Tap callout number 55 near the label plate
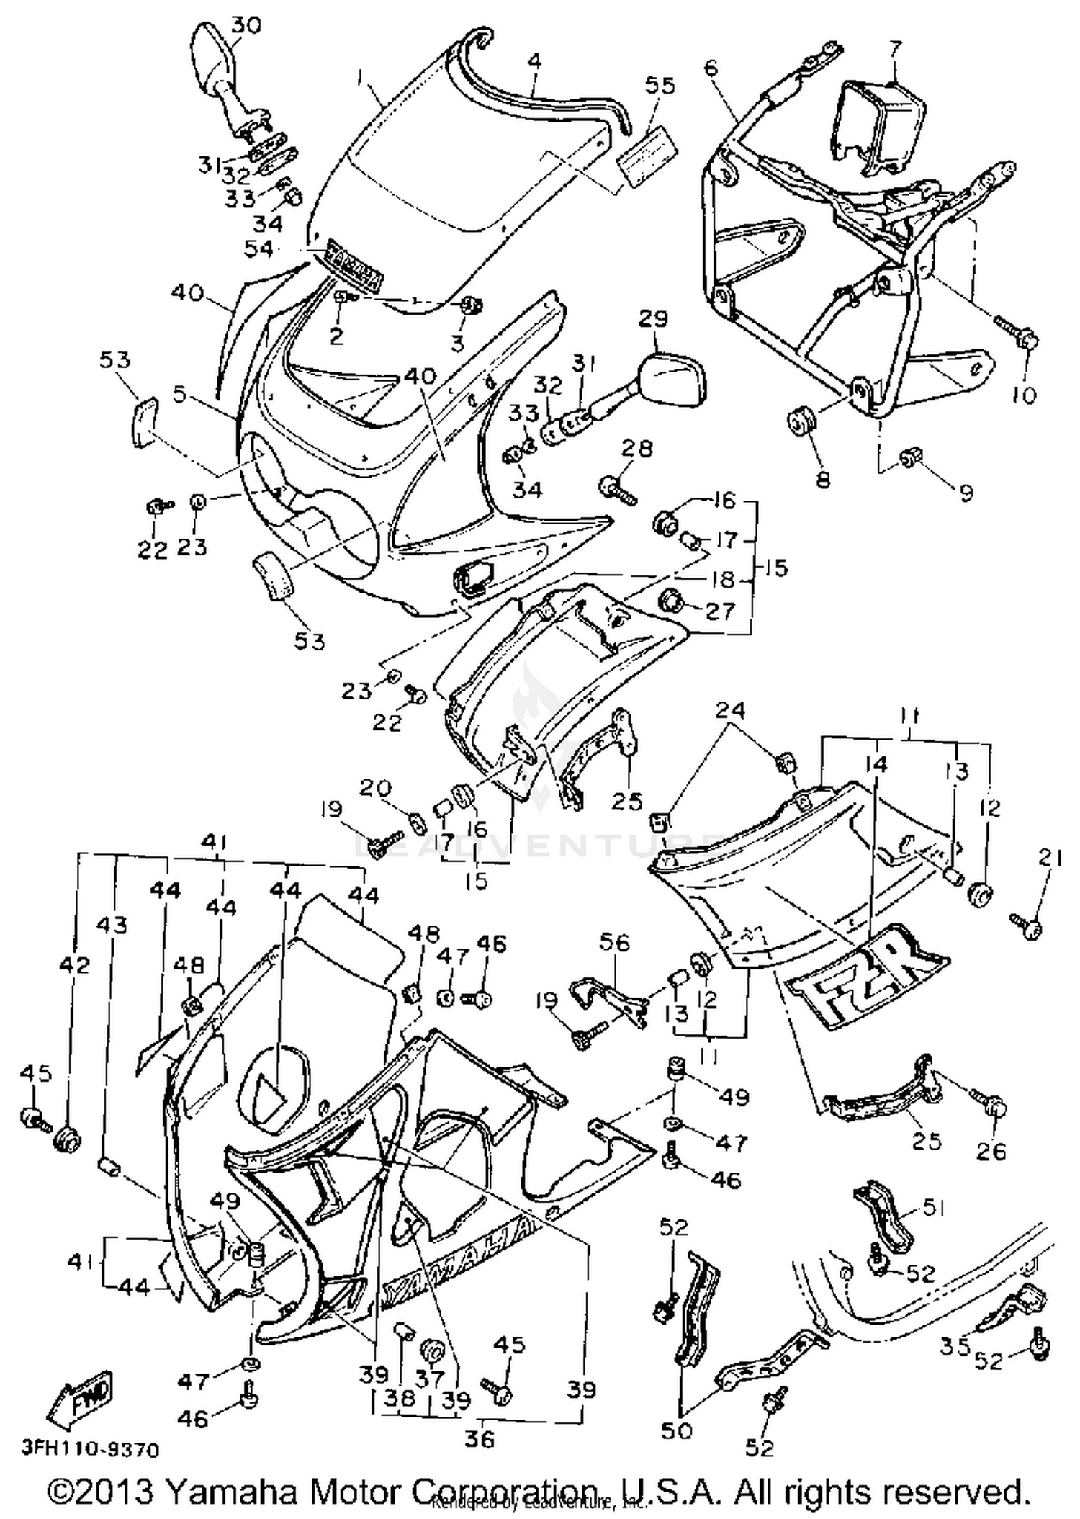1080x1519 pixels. (x=660, y=86)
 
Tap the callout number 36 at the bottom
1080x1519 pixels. (x=480, y=1439)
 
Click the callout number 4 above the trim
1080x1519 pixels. (x=534, y=61)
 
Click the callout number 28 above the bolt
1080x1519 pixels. (x=637, y=448)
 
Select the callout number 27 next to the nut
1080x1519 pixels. (x=720, y=611)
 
